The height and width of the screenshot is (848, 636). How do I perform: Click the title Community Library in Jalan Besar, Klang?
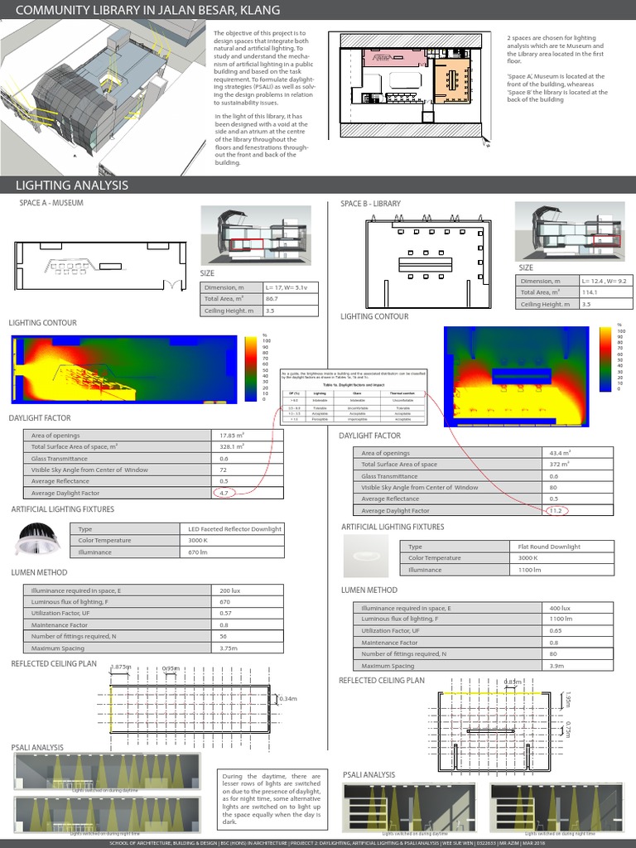[x=148, y=10]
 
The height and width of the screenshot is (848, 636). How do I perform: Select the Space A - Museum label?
[x=51, y=202]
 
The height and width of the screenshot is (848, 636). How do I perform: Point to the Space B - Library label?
[x=370, y=203]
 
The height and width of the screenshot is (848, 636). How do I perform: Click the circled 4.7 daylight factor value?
[x=224, y=493]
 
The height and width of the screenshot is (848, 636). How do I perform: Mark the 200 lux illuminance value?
[x=219, y=590]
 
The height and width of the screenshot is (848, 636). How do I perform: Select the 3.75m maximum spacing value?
[x=219, y=648]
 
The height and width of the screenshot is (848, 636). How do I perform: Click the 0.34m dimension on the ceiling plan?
[x=289, y=700]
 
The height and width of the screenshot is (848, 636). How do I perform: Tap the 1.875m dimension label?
[x=121, y=667]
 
